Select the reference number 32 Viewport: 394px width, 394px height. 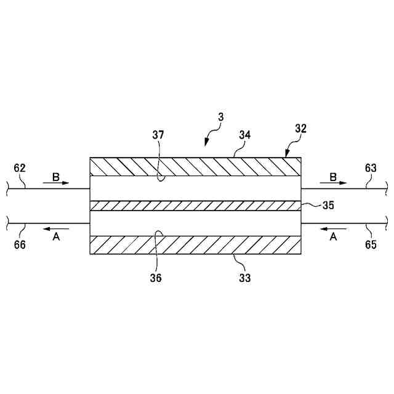pos(300,130)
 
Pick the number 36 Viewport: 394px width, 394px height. pos(156,278)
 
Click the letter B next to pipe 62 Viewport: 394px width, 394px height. pos(55,176)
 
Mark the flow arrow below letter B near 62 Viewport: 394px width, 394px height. pos(57,183)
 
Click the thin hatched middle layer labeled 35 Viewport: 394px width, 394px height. pos(195,206)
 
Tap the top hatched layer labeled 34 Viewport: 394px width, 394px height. pos(195,167)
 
